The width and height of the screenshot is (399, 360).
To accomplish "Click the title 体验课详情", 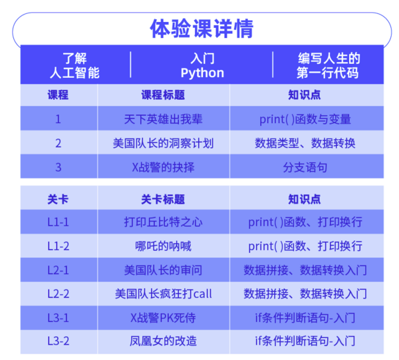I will click(x=200, y=30).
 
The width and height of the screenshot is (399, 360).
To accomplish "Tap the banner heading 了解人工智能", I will click(x=74, y=66).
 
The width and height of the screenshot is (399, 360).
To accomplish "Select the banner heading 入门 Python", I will click(x=201, y=66).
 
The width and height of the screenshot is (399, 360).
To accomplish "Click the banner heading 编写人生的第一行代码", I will click(x=327, y=66).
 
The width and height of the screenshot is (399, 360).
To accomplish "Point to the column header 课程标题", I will click(x=163, y=95).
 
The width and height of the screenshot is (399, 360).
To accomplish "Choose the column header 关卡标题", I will click(x=163, y=199).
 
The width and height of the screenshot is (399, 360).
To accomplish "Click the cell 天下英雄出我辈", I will click(x=163, y=120).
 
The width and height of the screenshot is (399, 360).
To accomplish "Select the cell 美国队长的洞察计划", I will click(x=163, y=143).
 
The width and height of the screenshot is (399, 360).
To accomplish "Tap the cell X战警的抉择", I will click(x=163, y=167).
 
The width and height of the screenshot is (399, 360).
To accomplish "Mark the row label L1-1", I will click(x=59, y=222).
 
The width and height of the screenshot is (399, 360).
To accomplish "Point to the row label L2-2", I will click(x=59, y=293).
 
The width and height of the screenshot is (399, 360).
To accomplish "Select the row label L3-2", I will click(x=59, y=341).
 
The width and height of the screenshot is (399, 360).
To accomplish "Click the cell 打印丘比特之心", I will click(x=163, y=222).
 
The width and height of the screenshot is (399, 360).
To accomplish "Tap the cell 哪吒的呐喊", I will click(x=163, y=246).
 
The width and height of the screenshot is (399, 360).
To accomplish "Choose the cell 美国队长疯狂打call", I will click(x=163, y=293).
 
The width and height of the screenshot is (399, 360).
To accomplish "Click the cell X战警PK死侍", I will click(x=163, y=317).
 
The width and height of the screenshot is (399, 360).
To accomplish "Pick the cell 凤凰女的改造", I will click(x=163, y=341).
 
